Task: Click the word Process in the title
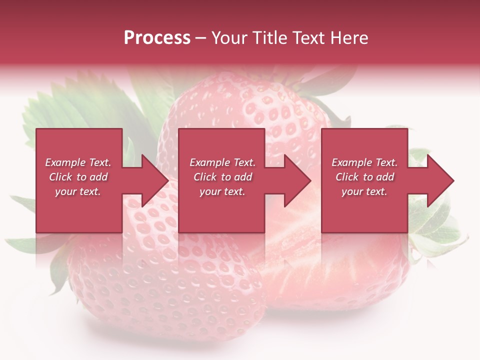157,38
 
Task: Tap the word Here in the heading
349,38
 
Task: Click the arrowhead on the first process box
152,180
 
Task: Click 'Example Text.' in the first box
78,162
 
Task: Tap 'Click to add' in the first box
78,177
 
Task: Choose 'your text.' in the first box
78,191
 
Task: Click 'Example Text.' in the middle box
222,162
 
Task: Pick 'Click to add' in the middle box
222,177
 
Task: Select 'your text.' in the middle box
222,191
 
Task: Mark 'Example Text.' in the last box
364,162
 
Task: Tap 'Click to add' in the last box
364,177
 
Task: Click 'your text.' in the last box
364,191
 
